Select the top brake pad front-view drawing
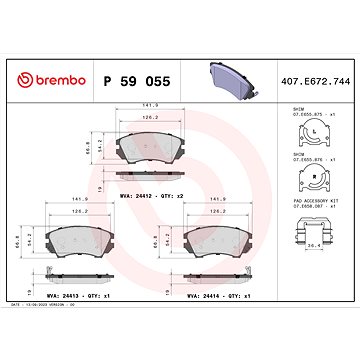point(153,149)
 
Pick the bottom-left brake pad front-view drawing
point(83,241)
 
